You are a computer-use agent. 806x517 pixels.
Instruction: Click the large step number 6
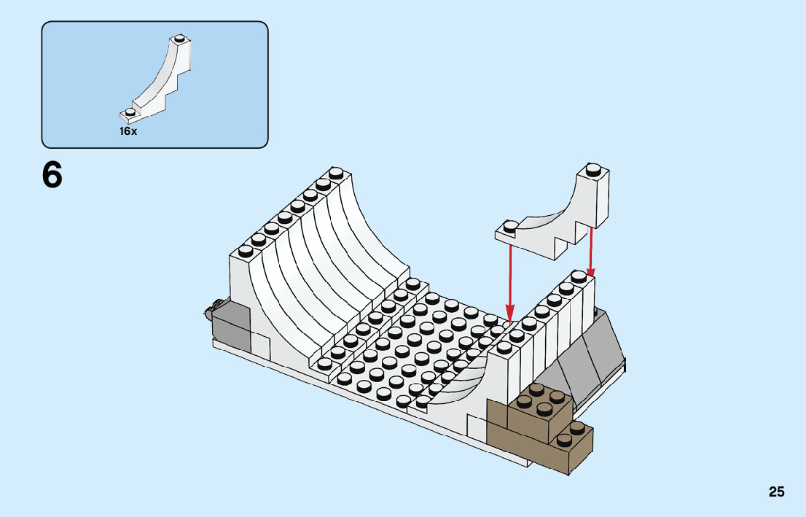(x=52, y=175)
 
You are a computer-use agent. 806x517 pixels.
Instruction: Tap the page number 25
(x=776, y=492)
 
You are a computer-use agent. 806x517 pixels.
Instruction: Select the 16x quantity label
(x=128, y=132)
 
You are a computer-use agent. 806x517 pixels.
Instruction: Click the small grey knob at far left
(x=209, y=313)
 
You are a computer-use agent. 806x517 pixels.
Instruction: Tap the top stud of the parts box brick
(x=179, y=38)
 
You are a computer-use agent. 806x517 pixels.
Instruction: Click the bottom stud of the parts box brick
(x=130, y=112)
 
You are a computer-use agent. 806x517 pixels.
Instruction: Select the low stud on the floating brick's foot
(x=511, y=225)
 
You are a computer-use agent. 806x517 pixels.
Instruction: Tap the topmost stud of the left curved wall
(x=336, y=174)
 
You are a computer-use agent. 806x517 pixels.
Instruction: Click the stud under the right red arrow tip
(x=579, y=277)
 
